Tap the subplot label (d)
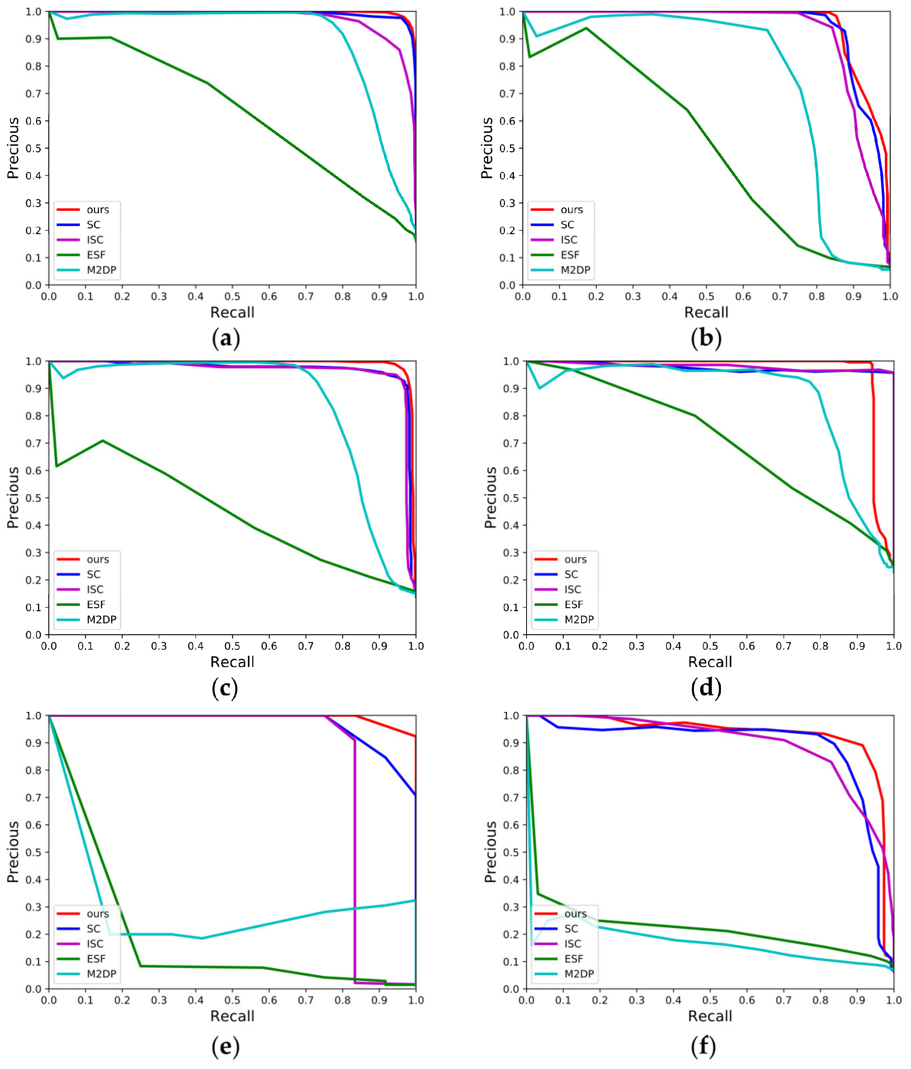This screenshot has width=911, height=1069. [706, 688]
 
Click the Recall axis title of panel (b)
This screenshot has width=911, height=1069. [706, 312]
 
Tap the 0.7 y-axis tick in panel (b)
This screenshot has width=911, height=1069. [507, 93]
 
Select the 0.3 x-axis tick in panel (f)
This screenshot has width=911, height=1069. [636, 1000]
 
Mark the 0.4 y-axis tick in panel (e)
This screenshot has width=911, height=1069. [33, 880]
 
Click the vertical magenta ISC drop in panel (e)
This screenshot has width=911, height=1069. [354, 862]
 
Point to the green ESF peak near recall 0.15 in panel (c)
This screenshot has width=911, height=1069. [103, 440]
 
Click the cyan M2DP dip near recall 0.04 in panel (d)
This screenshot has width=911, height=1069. [540, 388]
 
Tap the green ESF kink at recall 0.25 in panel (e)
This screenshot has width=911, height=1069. [141, 966]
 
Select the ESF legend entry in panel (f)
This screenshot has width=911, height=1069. [573, 958]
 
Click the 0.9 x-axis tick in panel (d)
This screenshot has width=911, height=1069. [857, 646]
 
